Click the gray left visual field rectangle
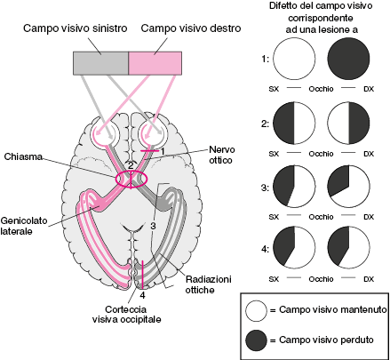[100, 63]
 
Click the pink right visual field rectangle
[155, 63]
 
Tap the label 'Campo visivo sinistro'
[76, 28]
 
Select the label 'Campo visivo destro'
[191, 28]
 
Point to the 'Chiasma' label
[23, 156]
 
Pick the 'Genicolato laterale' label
[24, 226]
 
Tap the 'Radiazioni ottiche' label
[209, 284]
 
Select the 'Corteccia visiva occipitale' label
[126, 315]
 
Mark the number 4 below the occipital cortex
[143, 295]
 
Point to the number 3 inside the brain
[153, 226]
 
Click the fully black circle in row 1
[349, 59]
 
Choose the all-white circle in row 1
[294, 59]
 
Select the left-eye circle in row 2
[294, 124]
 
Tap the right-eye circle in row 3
[349, 187]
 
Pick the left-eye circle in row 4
[294, 247]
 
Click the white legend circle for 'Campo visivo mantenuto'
[256, 311]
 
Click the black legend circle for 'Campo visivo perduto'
[256, 340]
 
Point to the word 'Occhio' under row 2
[321, 154]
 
